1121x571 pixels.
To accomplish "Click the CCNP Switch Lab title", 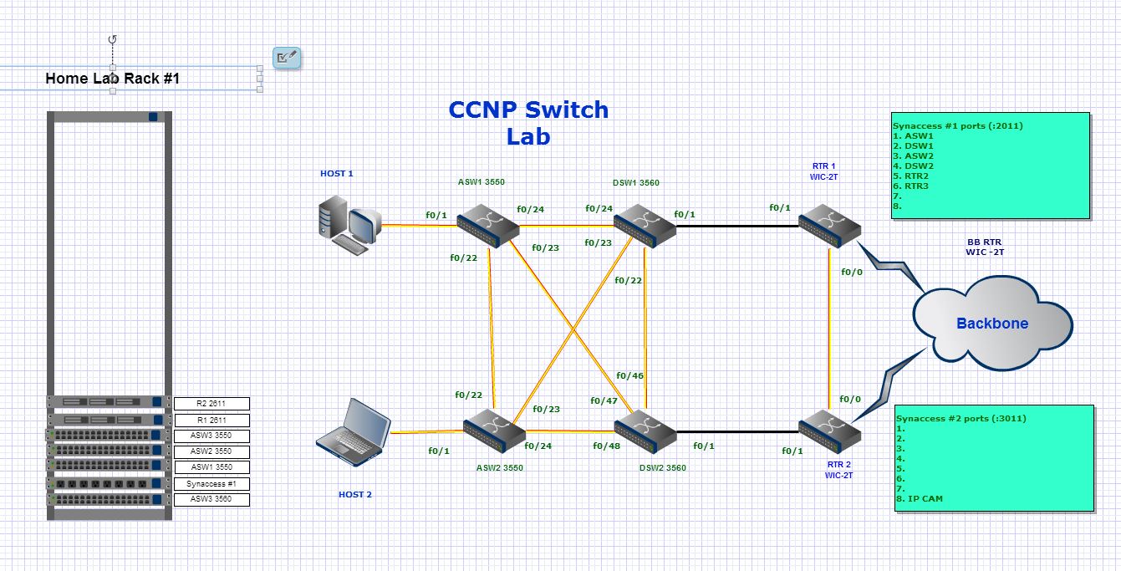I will click(x=528, y=122).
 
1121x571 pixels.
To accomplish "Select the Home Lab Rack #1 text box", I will click(x=112, y=79).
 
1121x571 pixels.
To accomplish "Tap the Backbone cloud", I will click(x=991, y=324).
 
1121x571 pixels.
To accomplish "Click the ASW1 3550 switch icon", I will click(x=488, y=225).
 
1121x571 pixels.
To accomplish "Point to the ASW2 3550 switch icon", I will click(x=493, y=431).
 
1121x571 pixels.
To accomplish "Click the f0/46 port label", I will click(x=629, y=376).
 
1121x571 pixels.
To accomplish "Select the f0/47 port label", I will click(x=604, y=401).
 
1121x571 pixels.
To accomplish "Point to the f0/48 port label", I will click(x=607, y=446).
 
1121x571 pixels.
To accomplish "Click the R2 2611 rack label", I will click(x=211, y=404).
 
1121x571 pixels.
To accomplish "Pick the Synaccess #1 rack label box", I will click(x=211, y=484).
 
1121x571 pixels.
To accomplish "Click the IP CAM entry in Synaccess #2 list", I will click(x=920, y=499).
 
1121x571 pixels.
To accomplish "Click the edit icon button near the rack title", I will click(x=287, y=58).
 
